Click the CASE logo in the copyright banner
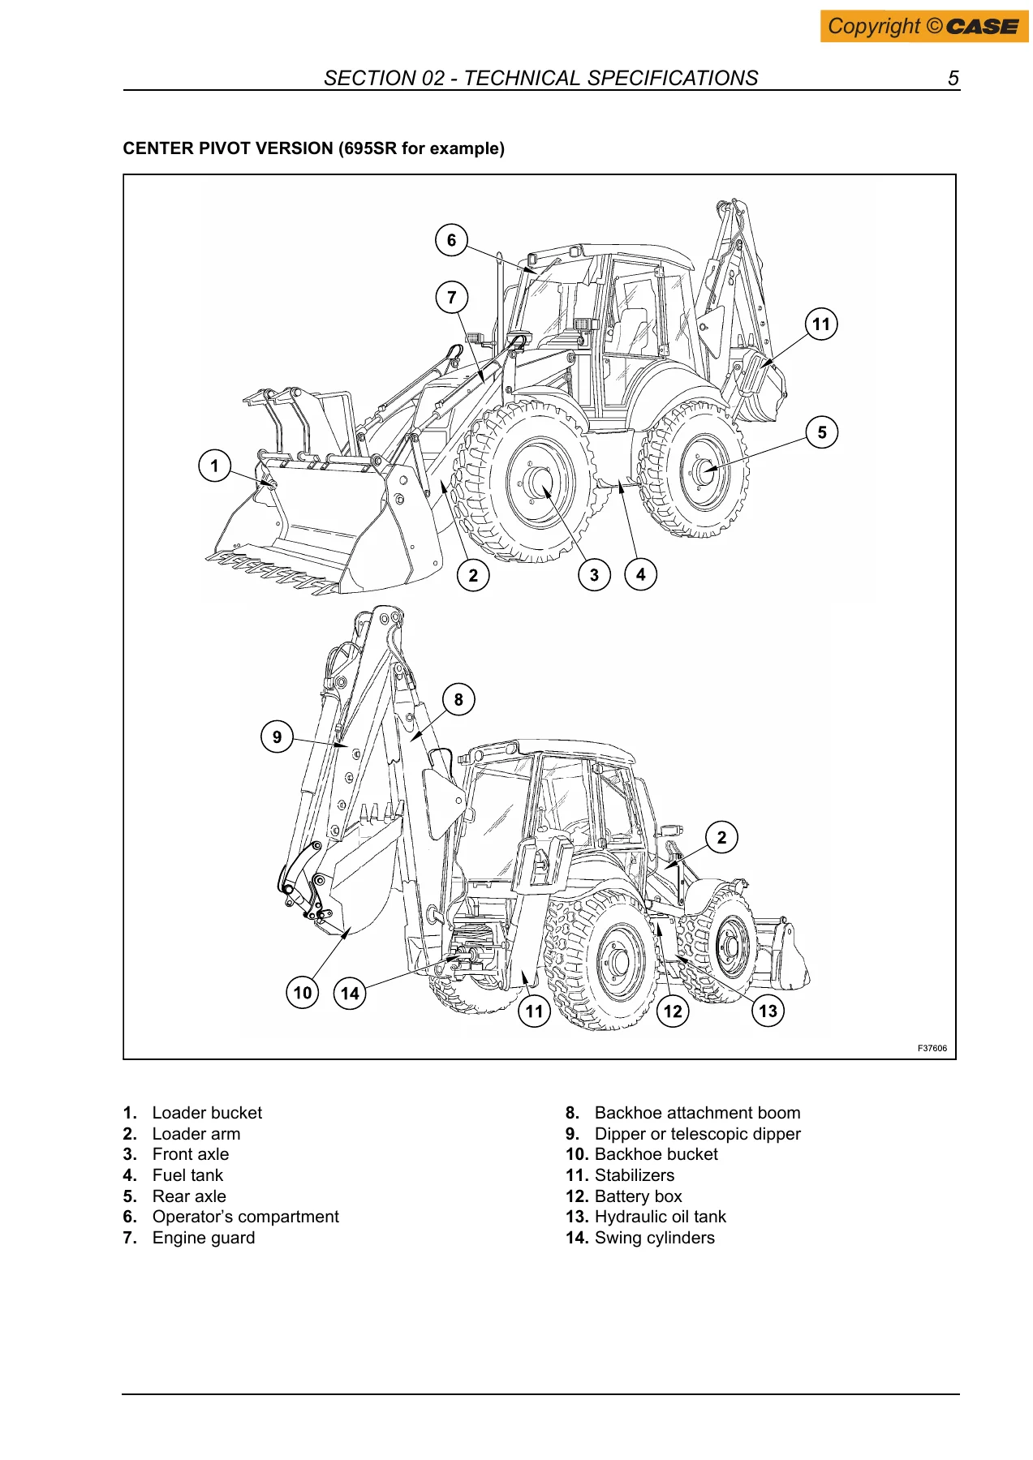click(x=982, y=27)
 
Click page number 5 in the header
click(x=953, y=79)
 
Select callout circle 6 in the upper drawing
click(x=452, y=240)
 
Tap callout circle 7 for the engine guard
click(x=452, y=297)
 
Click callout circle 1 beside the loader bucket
click(x=215, y=466)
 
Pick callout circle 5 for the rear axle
click(x=822, y=432)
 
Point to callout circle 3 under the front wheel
click(x=594, y=575)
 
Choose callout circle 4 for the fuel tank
click(x=641, y=574)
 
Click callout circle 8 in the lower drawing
click(x=458, y=699)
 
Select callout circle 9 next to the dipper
click(x=278, y=736)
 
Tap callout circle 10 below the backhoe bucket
click(x=303, y=992)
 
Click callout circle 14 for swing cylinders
click(x=350, y=993)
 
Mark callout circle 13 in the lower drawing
click(x=768, y=1011)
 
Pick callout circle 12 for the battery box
click(x=673, y=1011)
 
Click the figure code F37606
click(x=932, y=1048)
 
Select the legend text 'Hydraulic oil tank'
click(x=661, y=1217)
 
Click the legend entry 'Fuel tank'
click(x=187, y=1175)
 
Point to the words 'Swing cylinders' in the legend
click(x=655, y=1238)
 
